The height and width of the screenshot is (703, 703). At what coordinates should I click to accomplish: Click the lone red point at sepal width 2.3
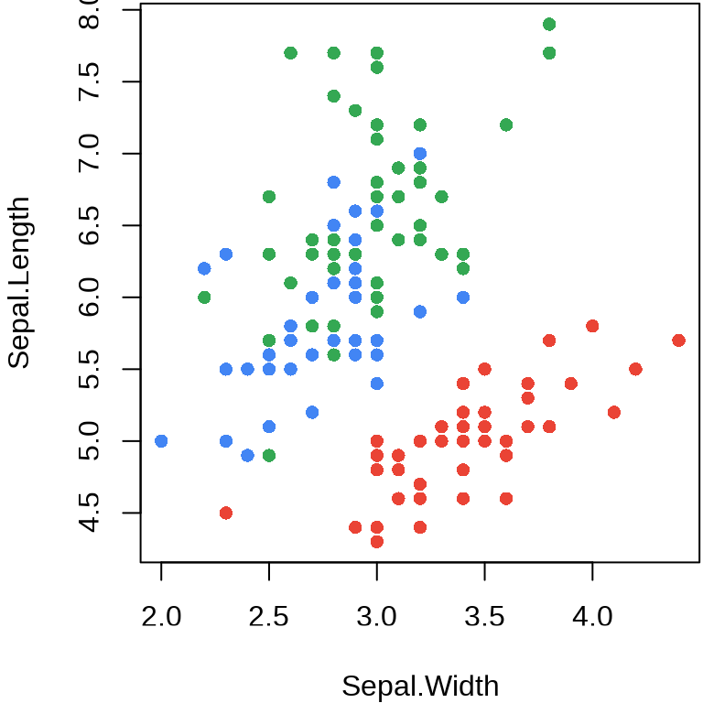(x=226, y=513)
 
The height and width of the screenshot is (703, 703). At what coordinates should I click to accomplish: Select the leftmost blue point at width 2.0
(x=161, y=440)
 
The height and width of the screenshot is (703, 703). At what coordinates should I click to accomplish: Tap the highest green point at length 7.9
(x=549, y=24)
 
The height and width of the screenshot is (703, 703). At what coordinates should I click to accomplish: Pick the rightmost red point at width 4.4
(x=678, y=340)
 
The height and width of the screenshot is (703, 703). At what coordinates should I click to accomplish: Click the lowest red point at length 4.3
(x=377, y=541)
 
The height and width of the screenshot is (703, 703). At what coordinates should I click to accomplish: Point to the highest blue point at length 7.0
(x=420, y=154)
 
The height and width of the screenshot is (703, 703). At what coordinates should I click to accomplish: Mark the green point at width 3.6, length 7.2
(x=506, y=124)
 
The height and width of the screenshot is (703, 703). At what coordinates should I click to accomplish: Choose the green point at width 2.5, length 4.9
(x=269, y=455)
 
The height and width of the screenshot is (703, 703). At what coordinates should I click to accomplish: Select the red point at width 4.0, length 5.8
(x=592, y=326)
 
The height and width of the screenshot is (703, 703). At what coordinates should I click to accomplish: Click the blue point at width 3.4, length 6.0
(x=463, y=297)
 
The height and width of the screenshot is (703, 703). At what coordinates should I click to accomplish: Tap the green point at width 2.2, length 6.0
(x=204, y=297)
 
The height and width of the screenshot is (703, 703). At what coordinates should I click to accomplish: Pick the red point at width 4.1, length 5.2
(x=614, y=412)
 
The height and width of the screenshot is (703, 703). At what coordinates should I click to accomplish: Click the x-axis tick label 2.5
(x=269, y=615)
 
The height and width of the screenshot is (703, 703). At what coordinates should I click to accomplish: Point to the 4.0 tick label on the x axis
(x=592, y=615)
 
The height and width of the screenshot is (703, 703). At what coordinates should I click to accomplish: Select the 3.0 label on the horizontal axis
(x=377, y=615)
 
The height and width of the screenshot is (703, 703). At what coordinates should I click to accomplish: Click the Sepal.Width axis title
(x=420, y=686)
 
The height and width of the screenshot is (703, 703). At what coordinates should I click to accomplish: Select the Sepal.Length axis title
(x=19, y=283)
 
